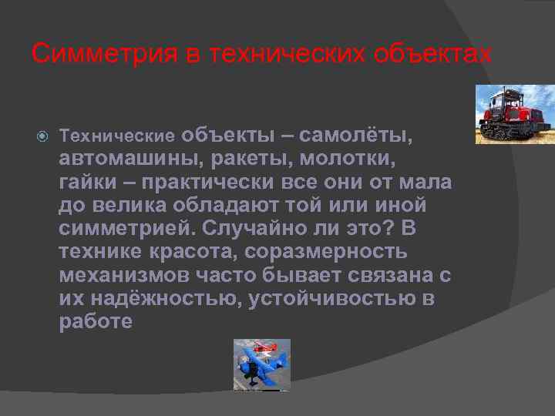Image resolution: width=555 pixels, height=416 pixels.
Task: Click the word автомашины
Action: [x=128, y=159]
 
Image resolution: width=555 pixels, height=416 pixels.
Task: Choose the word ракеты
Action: [x=249, y=159]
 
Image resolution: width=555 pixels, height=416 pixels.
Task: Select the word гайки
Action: [x=84, y=183]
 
